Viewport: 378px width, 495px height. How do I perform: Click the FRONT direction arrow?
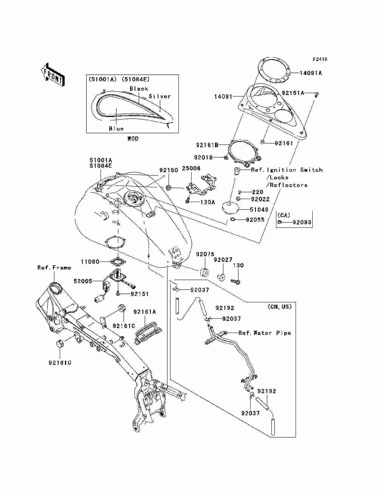pos(53,75)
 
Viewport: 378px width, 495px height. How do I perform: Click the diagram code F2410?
pos(320,59)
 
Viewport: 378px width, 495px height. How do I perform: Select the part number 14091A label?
pos(311,73)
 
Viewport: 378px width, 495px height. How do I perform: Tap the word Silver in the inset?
pos(160,96)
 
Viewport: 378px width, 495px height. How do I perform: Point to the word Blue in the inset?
pos(116,129)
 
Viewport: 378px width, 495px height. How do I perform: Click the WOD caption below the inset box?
pos(133,139)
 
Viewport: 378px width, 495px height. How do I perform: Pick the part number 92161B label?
pos(207,145)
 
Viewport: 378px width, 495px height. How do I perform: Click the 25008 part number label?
pos(191,168)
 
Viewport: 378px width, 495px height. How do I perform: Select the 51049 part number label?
pos(259,210)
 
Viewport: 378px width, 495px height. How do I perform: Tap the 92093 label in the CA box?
pos(302,223)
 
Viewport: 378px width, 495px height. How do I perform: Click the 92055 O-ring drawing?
pos(233,219)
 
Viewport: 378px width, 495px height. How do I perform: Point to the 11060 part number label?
pos(90,262)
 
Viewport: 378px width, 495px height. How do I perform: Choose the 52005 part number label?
pos(83,281)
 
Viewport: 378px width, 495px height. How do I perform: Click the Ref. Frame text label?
pos(54,268)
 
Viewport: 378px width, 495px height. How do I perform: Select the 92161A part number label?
pos(145,312)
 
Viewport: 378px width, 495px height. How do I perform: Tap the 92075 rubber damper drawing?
pos(204,272)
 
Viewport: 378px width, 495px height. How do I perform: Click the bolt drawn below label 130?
pos(235,281)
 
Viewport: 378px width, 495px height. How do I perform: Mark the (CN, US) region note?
pos(280,307)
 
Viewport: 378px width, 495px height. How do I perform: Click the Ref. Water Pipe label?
pos(265,333)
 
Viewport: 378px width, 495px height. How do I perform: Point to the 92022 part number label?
pos(260,199)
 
